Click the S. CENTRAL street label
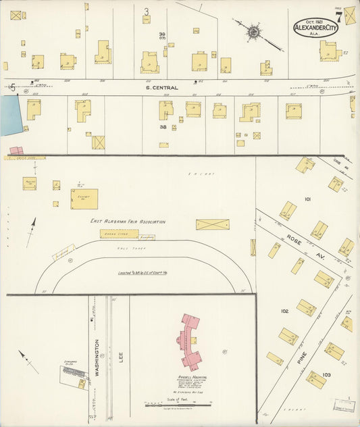164,88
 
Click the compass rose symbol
255,32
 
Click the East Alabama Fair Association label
128,221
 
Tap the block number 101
307,200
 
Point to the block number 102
284,311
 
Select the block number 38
163,126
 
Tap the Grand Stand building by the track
119,234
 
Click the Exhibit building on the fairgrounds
84,199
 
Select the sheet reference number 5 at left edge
12,87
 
